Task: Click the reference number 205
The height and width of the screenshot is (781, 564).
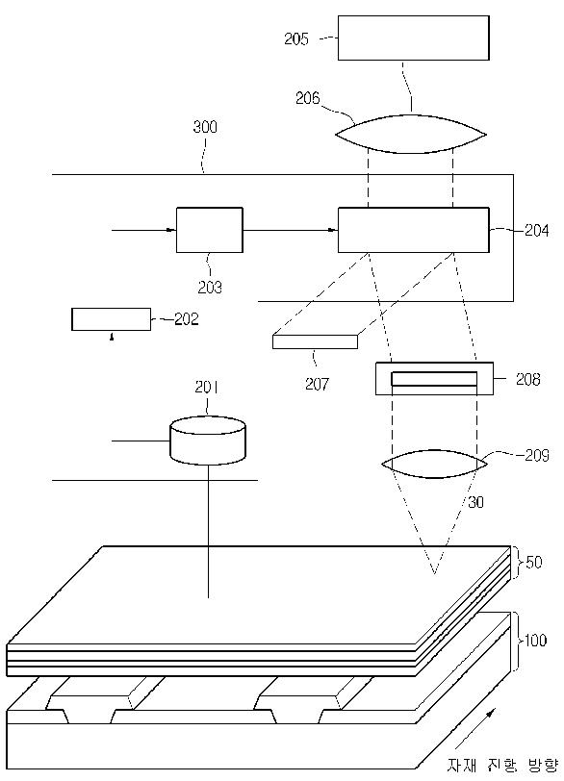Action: point(296,38)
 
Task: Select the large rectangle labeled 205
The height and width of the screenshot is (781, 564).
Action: point(414,38)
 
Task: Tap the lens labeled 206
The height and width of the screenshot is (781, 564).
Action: point(411,135)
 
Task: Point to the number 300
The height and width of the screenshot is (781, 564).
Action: point(205,127)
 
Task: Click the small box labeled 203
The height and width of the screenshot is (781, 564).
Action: point(210,230)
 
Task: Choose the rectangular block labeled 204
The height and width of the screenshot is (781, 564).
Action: point(414,230)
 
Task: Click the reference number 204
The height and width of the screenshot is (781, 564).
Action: point(536,230)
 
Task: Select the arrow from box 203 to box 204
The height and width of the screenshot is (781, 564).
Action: point(291,230)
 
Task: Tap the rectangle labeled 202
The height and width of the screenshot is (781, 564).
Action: point(111,319)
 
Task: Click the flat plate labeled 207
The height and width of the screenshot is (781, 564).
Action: point(316,341)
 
